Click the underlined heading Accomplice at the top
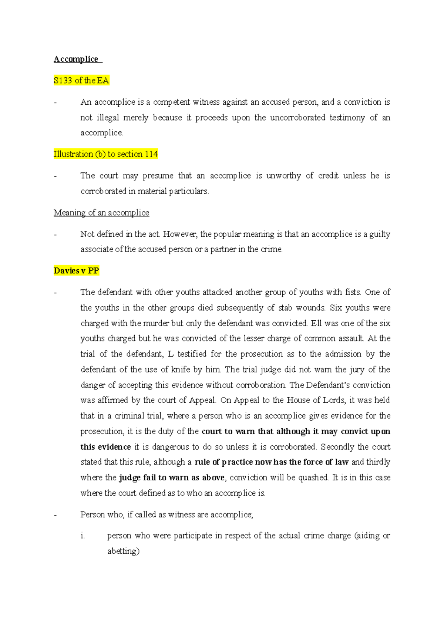click(x=76, y=59)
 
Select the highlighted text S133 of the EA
click(x=81, y=81)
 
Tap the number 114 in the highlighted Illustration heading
click(x=151, y=154)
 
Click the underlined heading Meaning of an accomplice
click(x=101, y=213)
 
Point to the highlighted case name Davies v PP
click(x=76, y=271)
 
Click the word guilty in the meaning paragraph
click(x=380, y=234)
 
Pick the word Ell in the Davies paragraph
click(x=316, y=323)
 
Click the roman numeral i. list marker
click(x=83, y=536)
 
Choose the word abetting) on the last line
click(x=123, y=551)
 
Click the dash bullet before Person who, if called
click(x=55, y=515)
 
